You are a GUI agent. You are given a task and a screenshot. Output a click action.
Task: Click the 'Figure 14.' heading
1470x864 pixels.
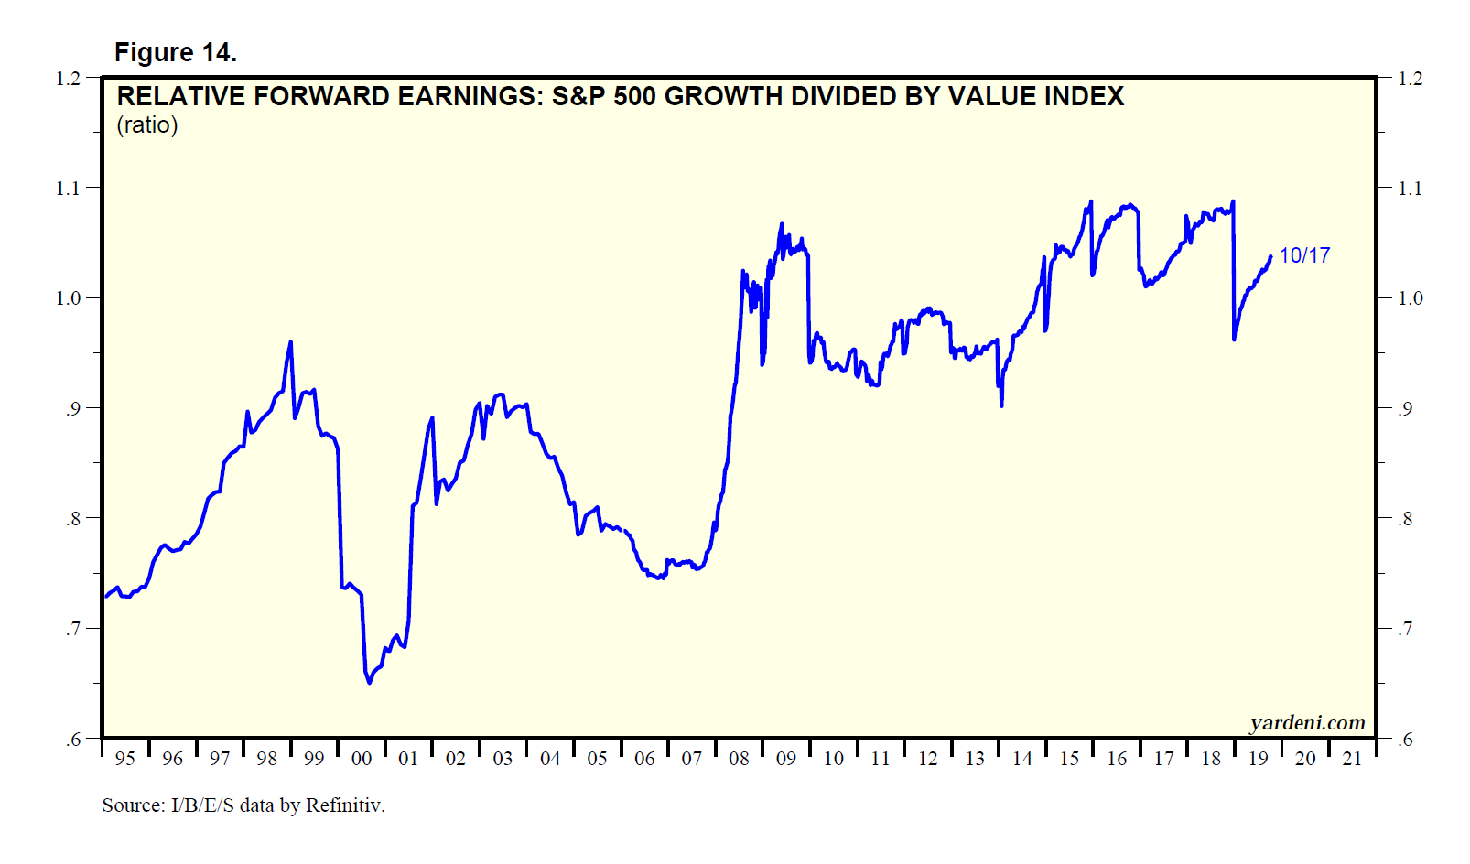tap(175, 53)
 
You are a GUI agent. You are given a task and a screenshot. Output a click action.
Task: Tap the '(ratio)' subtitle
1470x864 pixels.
tap(147, 125)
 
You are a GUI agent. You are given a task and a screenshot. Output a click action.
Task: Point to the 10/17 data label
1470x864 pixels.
tap(1304, 255)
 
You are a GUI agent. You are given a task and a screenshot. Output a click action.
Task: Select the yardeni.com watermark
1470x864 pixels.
tap(1307, 723)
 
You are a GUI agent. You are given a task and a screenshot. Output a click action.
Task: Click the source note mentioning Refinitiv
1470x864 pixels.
tap(243, 805)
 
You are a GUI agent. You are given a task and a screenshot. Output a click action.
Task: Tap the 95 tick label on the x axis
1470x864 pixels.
tap(125, 759)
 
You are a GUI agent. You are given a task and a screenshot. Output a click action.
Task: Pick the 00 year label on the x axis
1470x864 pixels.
tap(362, 759)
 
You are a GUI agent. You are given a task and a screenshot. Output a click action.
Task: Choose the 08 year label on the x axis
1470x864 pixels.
tap(739, 759)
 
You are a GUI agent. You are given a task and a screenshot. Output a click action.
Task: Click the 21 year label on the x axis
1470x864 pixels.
tap(1352, 759)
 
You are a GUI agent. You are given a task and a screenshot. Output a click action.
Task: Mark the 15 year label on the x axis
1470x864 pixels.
tap(1069, 759)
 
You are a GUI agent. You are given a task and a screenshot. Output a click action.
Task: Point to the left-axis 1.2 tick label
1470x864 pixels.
tap(68, 79)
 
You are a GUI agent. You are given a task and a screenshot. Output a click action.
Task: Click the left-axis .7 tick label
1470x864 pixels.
tap(72, 629)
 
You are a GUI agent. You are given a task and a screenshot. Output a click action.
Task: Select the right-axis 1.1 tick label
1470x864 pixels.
tap(1411, 189)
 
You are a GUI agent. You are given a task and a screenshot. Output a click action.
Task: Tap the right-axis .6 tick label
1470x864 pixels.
tap(1405, 740)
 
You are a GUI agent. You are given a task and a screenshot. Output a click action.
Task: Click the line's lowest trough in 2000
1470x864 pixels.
tap(369, 683)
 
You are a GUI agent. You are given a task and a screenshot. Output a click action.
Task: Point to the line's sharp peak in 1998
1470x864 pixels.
tap(291, 341)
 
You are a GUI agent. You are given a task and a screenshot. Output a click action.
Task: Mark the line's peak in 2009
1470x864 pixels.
tap(782, 223)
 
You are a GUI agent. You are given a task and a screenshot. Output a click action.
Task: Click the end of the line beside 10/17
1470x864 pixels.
tap(1270, 256)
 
